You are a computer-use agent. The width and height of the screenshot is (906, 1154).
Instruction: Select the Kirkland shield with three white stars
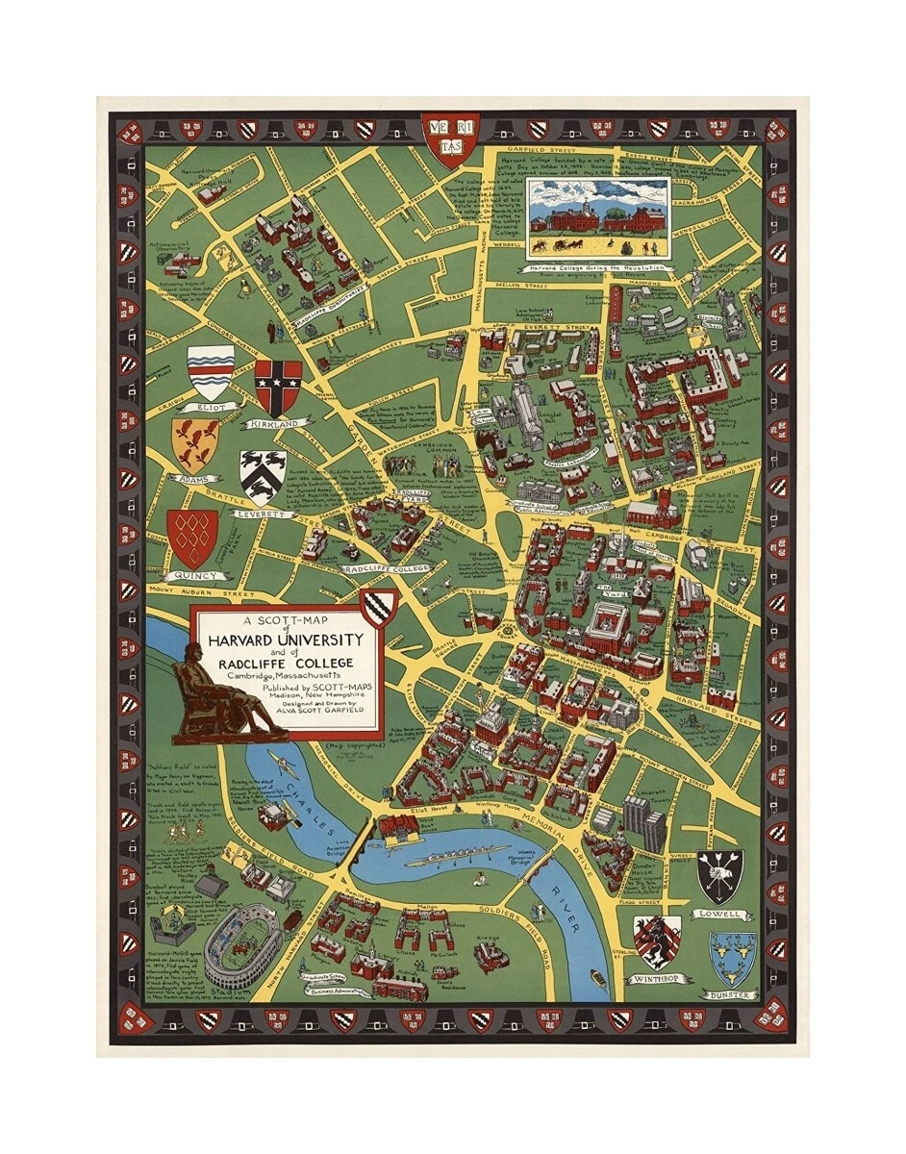click(x=278, y=388)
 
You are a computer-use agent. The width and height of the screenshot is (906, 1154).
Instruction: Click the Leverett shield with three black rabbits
click(x=263, y=477)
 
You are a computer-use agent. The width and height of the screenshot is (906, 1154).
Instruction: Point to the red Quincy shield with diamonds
click(x=192, y=538)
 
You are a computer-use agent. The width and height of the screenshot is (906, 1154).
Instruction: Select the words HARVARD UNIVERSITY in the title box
click(x=280, y=640)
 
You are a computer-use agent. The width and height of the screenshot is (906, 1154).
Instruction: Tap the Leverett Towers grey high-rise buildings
click(x=642, y=822)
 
